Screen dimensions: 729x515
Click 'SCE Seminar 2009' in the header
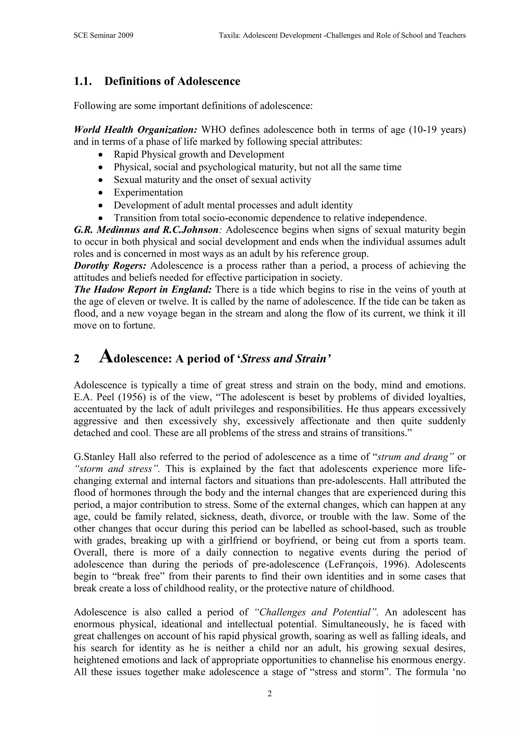[103, 35]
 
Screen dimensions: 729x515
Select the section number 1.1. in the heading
[83, 81]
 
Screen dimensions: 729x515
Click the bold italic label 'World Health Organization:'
[136, 130]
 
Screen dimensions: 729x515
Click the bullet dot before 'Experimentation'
[101, 193]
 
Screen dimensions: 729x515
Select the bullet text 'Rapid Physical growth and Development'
[199, 155]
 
